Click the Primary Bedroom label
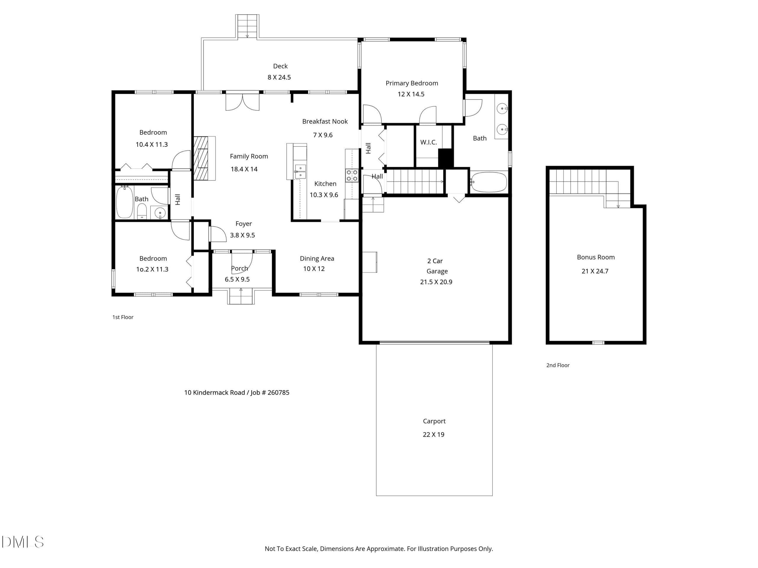point(412,83)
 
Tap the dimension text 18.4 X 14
point(244,169)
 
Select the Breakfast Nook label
point(325,122)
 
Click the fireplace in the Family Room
point(204,158)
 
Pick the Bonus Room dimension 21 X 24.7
point(595,271)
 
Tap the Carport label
point(434,422)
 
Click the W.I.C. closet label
point(428,142)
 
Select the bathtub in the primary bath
point(488,182)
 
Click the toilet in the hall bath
point(142,211)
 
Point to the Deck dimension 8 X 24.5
point(279,78)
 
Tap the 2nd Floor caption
point(558,365)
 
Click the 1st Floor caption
point(123,317)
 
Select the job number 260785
point(278,393)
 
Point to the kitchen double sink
point(300,172)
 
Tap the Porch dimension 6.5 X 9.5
point(237,279)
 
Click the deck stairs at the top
point(247,26)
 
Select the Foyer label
point(244,224)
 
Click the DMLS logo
point(23,542)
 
